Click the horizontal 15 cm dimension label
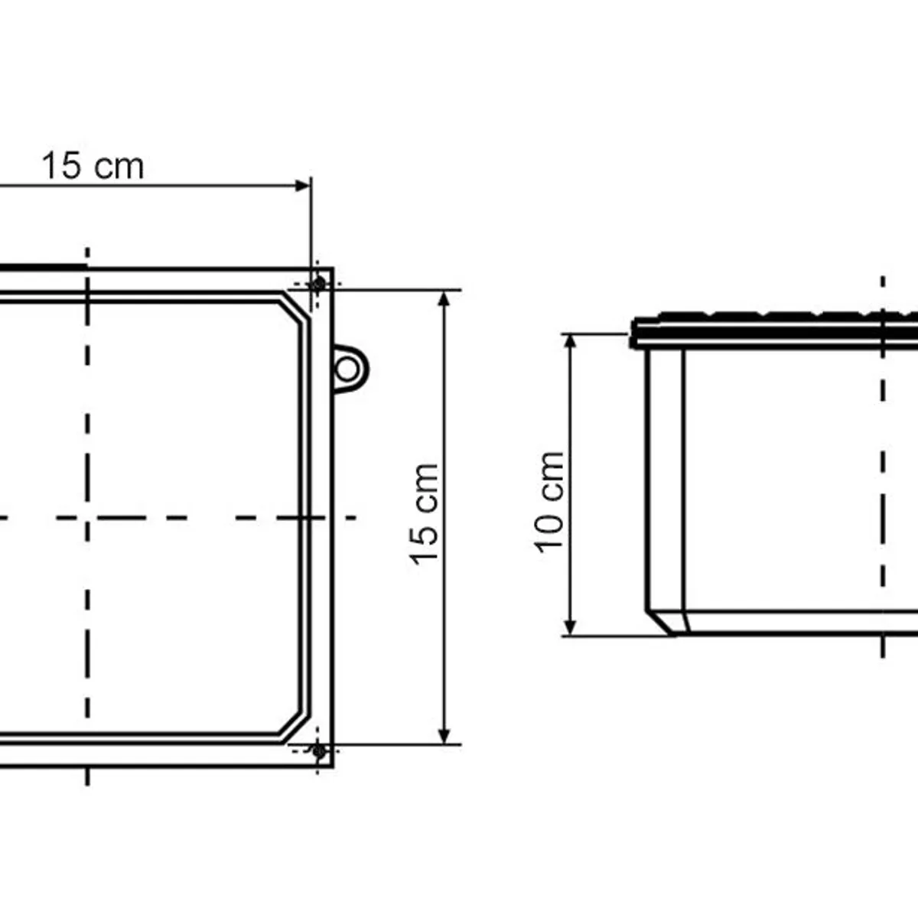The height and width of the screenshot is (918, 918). tap(93, 166)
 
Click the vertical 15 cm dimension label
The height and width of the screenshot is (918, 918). tap(424, 515)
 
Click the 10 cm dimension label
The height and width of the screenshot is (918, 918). tap(550, 502)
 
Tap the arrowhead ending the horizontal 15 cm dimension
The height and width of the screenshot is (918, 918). tap(303, 186)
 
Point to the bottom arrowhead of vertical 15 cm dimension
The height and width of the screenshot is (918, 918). tap(444, 735)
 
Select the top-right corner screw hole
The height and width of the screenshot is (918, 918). tap(317, 285)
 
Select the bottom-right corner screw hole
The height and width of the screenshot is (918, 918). tap(318, 752)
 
